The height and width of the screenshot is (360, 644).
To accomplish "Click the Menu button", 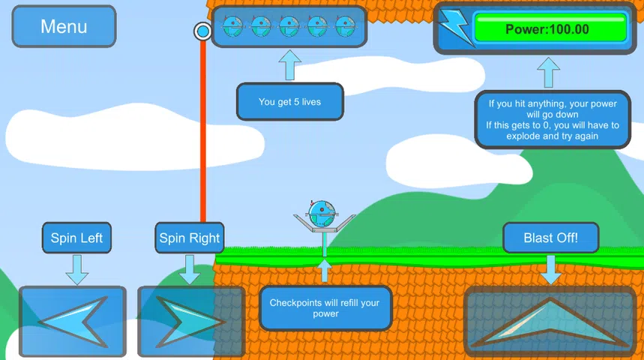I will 64,27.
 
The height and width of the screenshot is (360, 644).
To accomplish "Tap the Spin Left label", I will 76,238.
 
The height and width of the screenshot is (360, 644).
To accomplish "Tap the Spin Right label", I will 189,238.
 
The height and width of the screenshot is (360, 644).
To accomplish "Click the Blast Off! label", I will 551,238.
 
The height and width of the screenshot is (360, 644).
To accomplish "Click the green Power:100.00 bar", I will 550,30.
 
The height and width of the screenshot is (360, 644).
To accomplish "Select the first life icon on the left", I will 233,27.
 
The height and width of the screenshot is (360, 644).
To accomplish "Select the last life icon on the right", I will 345,27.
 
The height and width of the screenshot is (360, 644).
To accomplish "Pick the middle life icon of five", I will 289,27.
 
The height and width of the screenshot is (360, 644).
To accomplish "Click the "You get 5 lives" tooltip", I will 289,101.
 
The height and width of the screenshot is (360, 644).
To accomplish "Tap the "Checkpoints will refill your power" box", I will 325,308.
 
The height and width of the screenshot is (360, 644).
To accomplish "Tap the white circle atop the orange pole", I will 202,31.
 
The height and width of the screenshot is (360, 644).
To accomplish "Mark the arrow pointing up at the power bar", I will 548,73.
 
